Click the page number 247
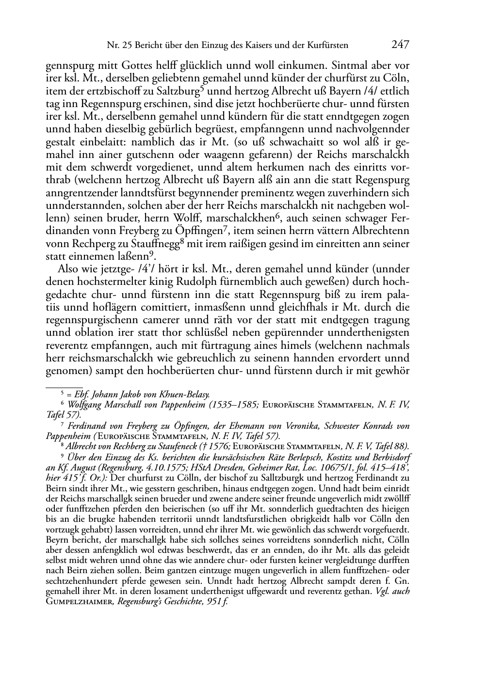(x=400, y=45)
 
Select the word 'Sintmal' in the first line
(x=339, y=65)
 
